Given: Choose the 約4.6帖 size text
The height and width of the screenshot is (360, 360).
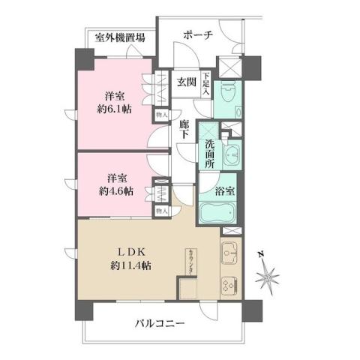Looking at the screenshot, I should point(115,191).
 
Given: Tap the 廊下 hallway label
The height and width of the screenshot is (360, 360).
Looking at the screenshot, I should point(184,133).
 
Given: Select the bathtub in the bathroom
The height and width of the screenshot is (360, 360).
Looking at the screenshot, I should point(219,212).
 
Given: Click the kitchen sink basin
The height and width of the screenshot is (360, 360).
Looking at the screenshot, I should point(229,253).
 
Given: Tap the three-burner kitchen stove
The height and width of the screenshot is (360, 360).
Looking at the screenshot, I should point(229,286).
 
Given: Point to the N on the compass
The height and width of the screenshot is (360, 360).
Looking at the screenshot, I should point(259,254).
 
